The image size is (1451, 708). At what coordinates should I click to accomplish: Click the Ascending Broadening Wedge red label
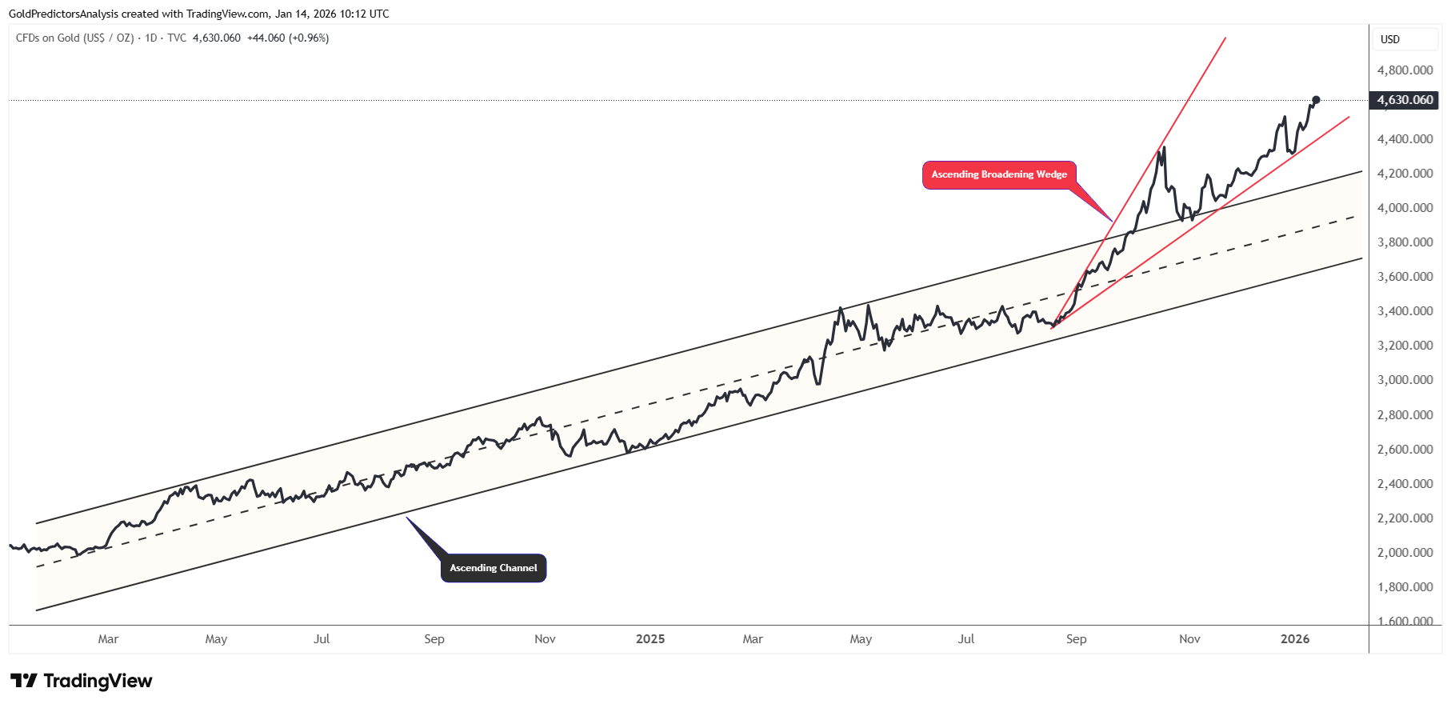tap(999, 174)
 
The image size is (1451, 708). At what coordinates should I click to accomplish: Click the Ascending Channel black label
tap(493, 568)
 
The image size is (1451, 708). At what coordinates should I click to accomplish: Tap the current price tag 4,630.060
tap(1405, 100)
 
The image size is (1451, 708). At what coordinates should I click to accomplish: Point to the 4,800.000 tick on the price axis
tap(1405, 70)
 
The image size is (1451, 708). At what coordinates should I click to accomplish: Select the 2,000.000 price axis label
tap(1405, 553)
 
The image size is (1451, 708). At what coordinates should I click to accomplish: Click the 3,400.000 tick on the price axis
tap(1405, 311)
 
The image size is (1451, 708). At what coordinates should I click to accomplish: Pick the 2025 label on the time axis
tap(650, 639)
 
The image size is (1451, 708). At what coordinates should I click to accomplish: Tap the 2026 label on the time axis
tap(1295, 639)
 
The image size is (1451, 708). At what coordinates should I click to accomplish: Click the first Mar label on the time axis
tap(108, 639)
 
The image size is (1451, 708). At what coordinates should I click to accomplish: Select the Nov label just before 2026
tap(1189, 639)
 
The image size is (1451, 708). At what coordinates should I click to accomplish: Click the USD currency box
tap(1390, 39)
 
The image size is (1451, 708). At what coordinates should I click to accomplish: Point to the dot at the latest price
tap(1316, 100)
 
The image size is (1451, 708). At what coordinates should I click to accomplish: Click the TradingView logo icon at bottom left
tap(24, 681)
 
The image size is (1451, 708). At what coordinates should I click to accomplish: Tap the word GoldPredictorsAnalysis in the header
tap(63, 14)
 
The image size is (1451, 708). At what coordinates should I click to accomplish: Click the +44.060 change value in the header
tap(266, 38)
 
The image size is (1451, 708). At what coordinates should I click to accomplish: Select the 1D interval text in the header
tap(150, 38)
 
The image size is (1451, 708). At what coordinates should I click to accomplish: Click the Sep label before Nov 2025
tap(1076, 639)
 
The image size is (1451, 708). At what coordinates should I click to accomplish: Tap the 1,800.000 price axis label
tap(1405, 587)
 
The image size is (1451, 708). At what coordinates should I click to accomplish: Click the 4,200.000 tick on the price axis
tap(1405, 174)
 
